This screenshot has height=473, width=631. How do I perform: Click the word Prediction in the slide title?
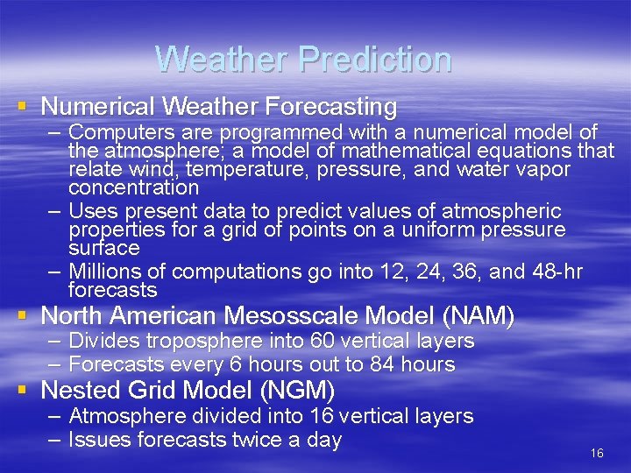point(374,60)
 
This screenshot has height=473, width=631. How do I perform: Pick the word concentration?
point(133,187)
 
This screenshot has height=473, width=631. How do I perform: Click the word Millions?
point(104,272)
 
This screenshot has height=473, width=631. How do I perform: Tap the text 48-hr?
point(557,272)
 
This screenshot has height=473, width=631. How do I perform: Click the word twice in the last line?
point(260,440)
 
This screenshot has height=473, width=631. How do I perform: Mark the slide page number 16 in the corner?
point(598,453)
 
